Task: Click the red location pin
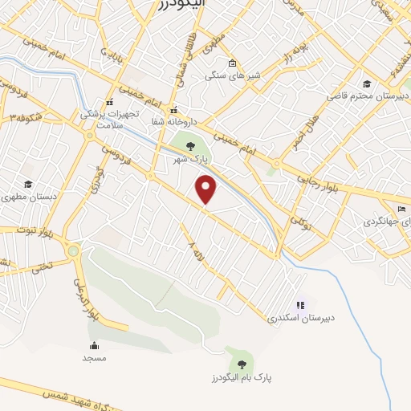coord(206,189)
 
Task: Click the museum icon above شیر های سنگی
coord(233,63)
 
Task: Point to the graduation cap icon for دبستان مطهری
coord(29,184)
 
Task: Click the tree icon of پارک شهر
coord(190,146)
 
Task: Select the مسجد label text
coord(94,357)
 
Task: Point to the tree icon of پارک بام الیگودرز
coord(242,364)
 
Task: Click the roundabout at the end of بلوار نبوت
coord(74,251)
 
